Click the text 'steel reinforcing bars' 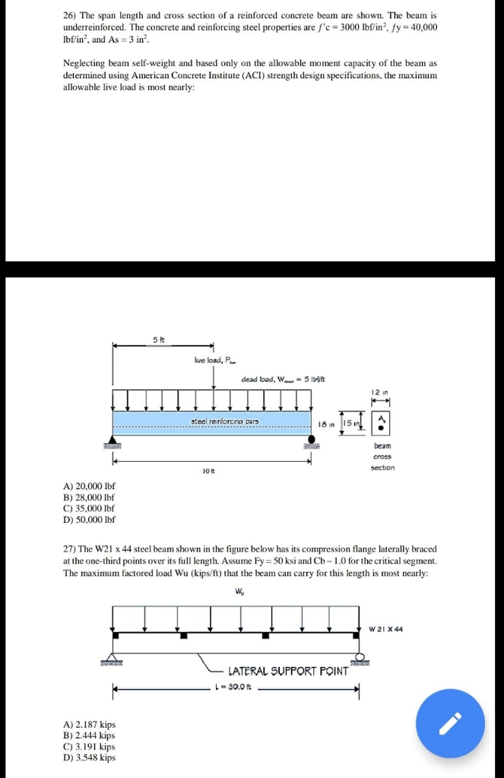coord(226,420)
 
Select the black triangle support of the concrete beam coord(113,441)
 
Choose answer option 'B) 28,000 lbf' coord(90,497)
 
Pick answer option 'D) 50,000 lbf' coord(90,520)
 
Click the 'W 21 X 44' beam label coord(385,629)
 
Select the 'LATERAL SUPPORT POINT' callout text coord(287,671)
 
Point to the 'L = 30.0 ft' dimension coord(236,688)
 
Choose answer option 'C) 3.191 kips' coord(90,746)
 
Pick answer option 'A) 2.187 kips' coord(90,724)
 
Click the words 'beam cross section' coord(382,457)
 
